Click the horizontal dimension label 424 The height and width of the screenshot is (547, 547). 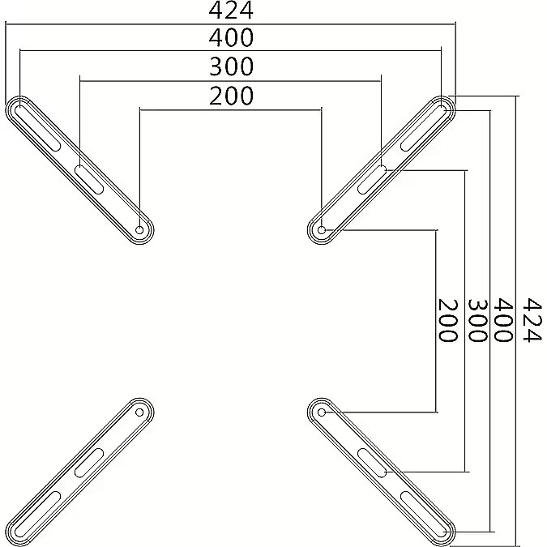coord(231,11)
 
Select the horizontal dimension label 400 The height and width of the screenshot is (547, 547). coord(231,37)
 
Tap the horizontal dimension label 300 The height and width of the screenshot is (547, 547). coord(231,66)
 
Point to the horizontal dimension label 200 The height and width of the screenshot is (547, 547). coord(231,96)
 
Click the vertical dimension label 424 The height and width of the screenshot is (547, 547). coord(532,320)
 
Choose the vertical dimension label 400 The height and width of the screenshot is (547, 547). coord(503,320)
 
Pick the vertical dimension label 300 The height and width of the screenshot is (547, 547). coord(476,320)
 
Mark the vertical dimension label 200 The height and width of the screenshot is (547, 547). coord(447,320)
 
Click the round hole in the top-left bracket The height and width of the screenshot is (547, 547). coord(139,230)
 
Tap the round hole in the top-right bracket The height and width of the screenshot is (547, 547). coord(322,230)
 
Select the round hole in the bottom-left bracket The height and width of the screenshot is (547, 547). coord(139,412)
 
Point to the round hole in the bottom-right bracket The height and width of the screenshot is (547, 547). coord(322,412)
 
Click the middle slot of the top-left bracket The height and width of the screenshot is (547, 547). coord(89,180)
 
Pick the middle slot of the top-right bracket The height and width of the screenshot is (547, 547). coord(372,180)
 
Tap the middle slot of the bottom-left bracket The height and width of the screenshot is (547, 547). coord(89,463)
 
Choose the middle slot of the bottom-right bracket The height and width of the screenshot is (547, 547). coord(372,463)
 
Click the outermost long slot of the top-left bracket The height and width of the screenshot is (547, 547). coord(37,128)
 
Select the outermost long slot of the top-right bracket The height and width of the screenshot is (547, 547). coord(424,128)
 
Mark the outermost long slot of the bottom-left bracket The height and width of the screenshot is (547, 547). coord(37,515)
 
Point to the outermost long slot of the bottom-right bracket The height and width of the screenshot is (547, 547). coord(424,515)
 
